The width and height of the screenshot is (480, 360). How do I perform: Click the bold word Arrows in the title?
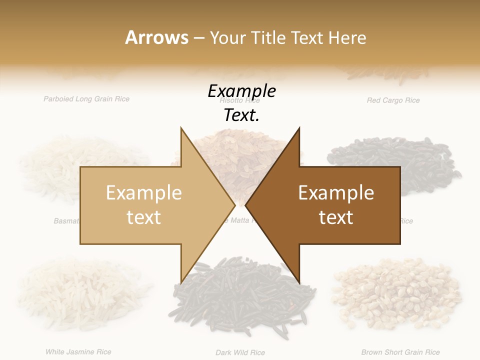(x=156, y=37)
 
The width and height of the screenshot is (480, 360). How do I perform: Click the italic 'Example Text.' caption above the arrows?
(x=242, y=103)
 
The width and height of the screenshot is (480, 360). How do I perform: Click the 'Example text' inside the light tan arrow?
(x=144, y=205)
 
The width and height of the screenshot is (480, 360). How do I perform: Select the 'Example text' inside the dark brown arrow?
(x=336, y=205)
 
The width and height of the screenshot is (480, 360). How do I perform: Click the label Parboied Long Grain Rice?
(x=86, y=99)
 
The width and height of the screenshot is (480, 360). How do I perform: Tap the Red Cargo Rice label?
(x=393, y=100)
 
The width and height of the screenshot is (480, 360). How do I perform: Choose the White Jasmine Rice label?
(x=78, y=352)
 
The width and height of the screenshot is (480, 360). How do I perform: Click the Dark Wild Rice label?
(x=240, y=352)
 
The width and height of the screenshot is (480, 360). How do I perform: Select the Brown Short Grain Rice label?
(x=400, y=352)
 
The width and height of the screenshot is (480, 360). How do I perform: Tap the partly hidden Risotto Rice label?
(x=240, y=100)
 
